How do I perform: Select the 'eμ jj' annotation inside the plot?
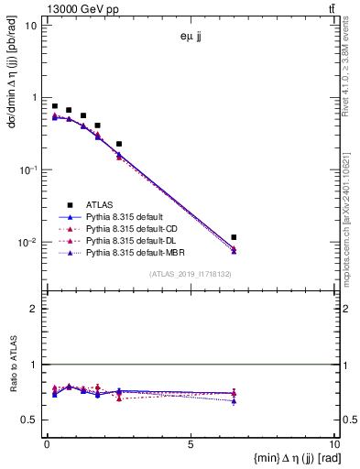[x=191, y=38]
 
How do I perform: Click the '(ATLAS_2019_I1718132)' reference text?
[x=191, y=274]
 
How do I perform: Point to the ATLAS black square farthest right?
[x=234, y=237]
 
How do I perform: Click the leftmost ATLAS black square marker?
[x=55, y=106]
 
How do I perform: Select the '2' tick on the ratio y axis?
[x=33, y=309]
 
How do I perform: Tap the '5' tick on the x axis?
[x=191, y=445]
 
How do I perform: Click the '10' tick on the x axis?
[x=333, y=445]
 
